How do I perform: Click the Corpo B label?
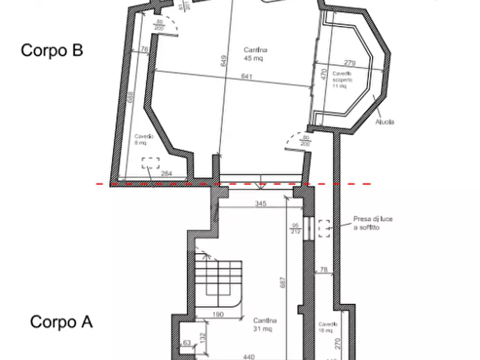[52, 51]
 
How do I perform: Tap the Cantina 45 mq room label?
[255, 54]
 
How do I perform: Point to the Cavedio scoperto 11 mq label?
[342, 80]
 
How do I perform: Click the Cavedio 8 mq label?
[144, 140]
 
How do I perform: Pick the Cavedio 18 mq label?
[327, 328]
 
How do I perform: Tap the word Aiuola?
[385, 122]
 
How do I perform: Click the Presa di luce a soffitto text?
[372, 224]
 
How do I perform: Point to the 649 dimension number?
[224, 61]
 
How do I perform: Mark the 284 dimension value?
[167, 174]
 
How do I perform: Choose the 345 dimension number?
[260, 204]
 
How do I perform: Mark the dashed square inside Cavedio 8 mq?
[151, 163]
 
